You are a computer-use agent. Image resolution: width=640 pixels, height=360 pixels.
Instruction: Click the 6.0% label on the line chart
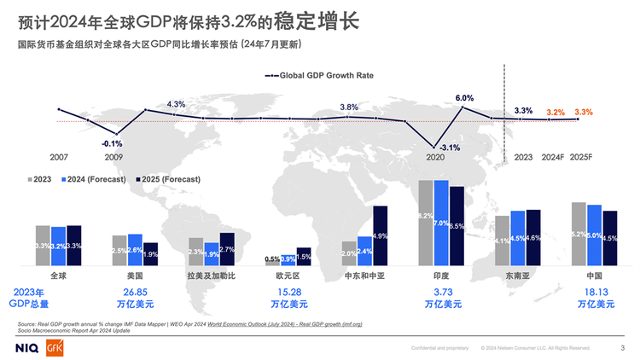464,98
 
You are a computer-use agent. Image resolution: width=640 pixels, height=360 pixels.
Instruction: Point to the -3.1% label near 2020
448,148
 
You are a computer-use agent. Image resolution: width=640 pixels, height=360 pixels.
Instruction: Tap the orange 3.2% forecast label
556,112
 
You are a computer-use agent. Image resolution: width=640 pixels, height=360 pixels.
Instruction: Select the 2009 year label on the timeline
113,157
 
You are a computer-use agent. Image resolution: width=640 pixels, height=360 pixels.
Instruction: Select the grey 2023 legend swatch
29,179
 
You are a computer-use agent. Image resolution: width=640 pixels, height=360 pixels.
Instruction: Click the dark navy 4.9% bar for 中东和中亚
381,235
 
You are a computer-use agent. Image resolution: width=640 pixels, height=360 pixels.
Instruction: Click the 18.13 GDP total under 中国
595,291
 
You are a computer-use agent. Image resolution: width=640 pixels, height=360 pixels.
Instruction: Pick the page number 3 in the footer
621,347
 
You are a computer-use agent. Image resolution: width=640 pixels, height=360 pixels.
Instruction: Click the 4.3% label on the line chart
176,104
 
